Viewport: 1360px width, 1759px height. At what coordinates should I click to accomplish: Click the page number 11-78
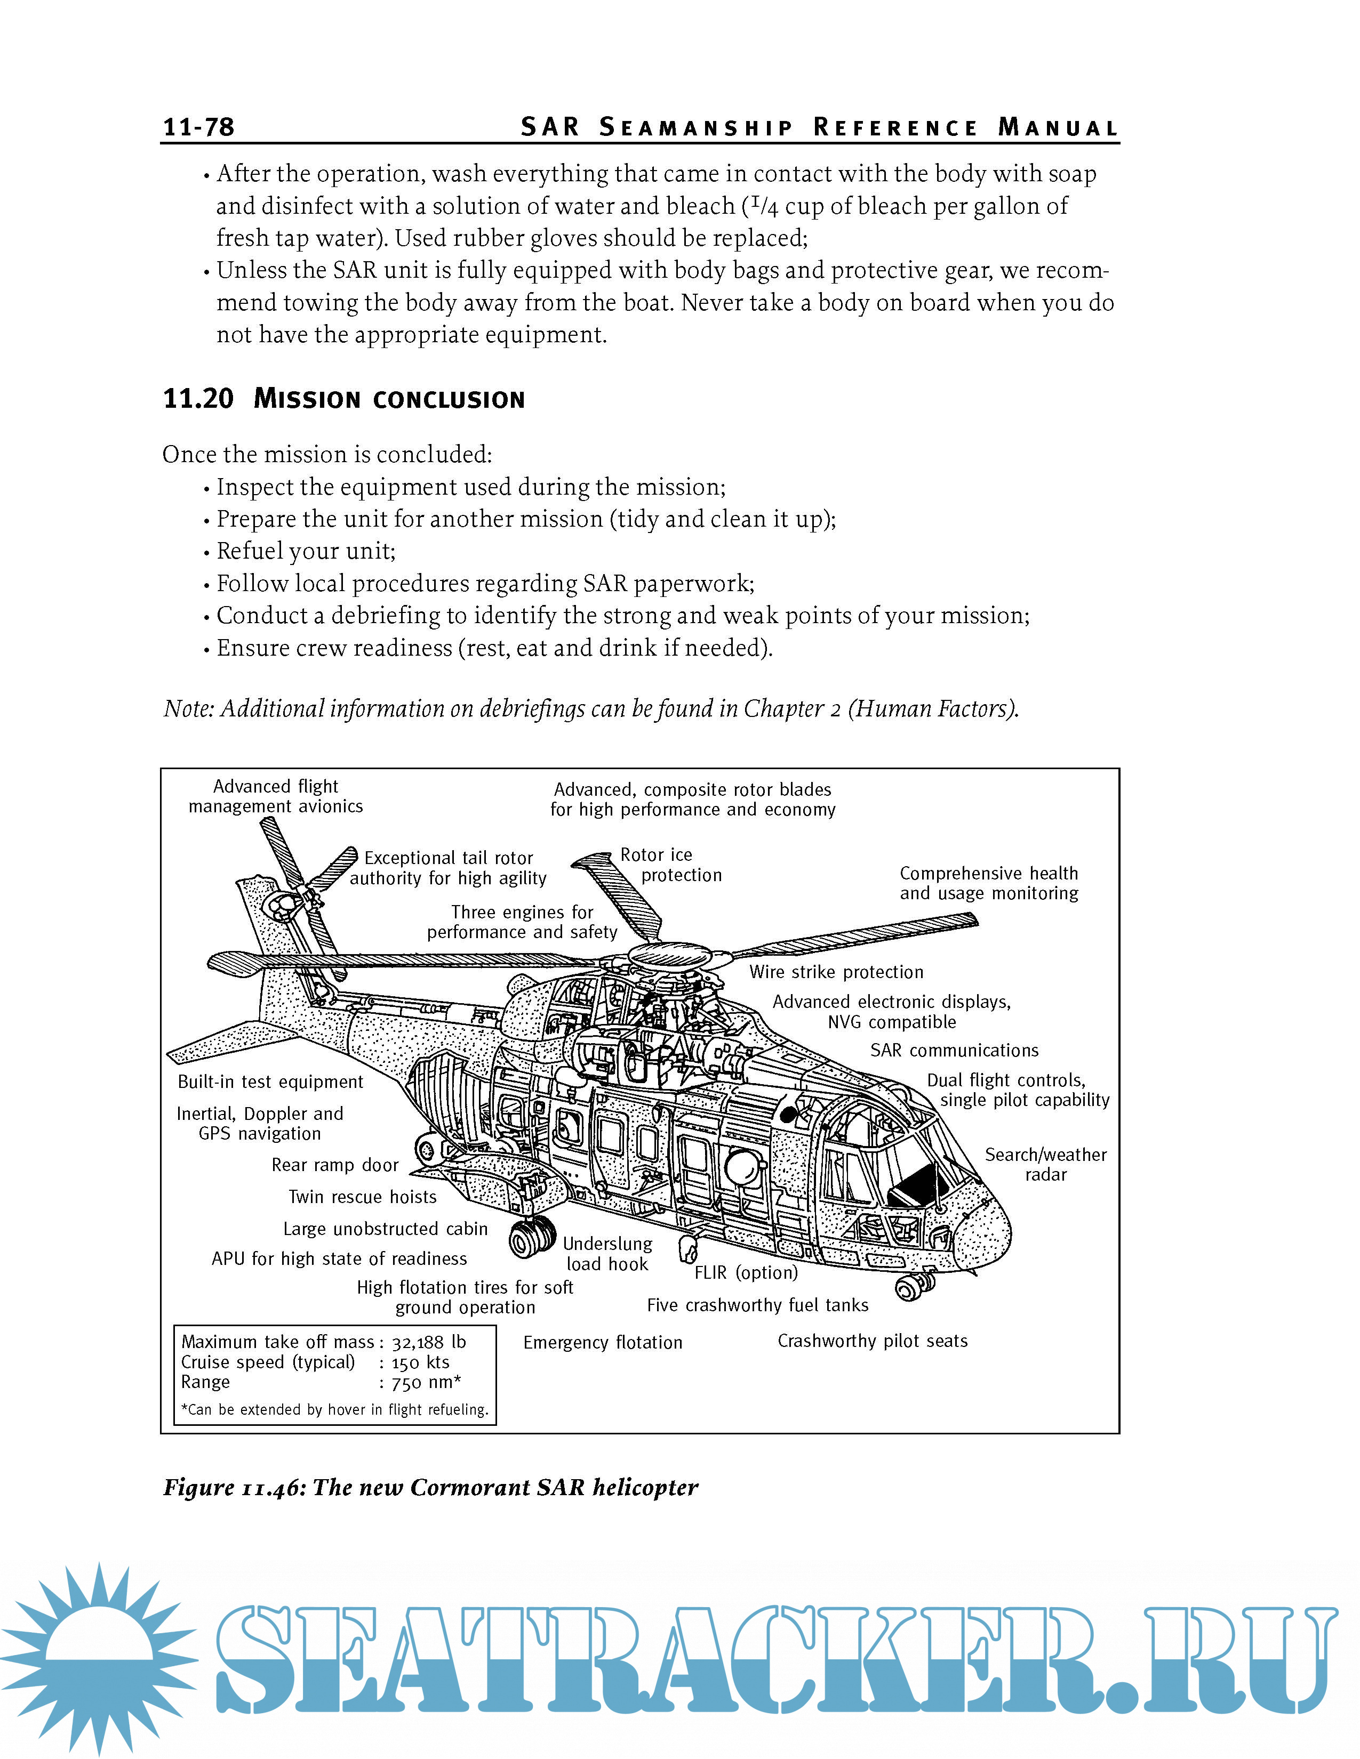point(198,127)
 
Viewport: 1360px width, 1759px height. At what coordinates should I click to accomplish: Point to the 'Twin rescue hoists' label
point(363,1197)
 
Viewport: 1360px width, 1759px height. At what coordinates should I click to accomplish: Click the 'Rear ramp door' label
point(335,1165)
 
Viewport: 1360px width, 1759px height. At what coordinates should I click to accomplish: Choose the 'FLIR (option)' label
point(746,1272)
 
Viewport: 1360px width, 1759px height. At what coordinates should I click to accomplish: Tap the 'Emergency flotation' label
point(603,1343)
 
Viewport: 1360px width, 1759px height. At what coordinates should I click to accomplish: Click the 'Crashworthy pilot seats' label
point(873,1341)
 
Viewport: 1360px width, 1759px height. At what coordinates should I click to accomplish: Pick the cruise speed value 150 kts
point(421,1363)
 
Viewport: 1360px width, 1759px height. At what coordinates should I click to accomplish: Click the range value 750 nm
point(426,1383)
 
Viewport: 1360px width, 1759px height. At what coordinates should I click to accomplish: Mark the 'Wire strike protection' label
point(836,972)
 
